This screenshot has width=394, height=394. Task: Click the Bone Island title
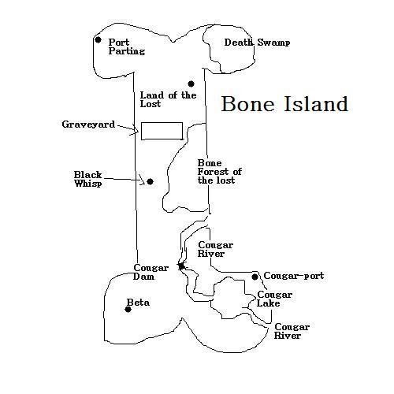pyautogui.click(x=284, y=104)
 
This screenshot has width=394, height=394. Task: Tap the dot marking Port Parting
pyautogui.click(x=98, y=40)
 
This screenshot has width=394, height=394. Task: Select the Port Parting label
pyautogui.click(x=127, y=46)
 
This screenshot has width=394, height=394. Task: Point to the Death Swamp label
pyautogui.click(x=257, y=43)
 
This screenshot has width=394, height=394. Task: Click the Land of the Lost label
pyautogui.click(x=168, y=99)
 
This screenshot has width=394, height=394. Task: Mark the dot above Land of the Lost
pyautogui.click(x=191, y=84)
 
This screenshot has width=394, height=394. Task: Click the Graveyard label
pyautogui.click(x=88, y=125)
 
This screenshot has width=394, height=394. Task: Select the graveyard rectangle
pyautogui.click(x=162, y=122)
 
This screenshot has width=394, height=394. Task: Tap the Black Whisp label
pyautogui.click(x=87, y=179)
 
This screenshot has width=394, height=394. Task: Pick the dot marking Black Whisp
pyautogui.click(x=150, y=181)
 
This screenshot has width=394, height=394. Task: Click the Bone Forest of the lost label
pyautogui.click(x=220, y=172)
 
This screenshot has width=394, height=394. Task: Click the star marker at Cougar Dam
pyautogui.click(x=181, y=266)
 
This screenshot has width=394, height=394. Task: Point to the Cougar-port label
pyautogui.click(x=294, y=276)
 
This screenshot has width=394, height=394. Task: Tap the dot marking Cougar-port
pyautogui.click(x=255, y=277)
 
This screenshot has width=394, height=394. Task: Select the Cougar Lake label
pyautogui.click(x=274, y=299)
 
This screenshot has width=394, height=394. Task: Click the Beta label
pyautogui.click(x=138, y=303)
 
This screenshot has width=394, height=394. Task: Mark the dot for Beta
pyautogui.click(x=128, y=310)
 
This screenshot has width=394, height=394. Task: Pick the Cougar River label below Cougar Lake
pyautogui.click(x=292, y=331)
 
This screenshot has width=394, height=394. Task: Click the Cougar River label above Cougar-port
pyautogui.click(x=215, y=249)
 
